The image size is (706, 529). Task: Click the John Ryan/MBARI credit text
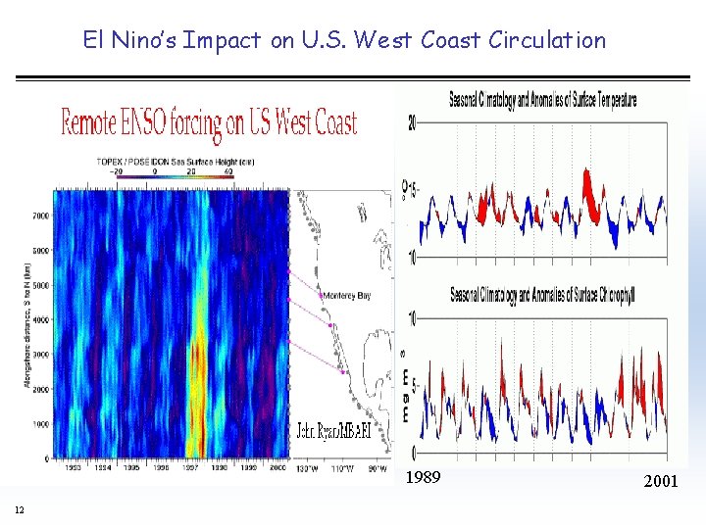tap(333, 431)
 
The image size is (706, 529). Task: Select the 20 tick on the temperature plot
tap(412, 122)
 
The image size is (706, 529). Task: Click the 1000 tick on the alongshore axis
tap(40, 424)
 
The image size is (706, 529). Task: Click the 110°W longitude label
tap(342, 467)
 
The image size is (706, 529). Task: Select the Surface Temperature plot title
tap(542, 99)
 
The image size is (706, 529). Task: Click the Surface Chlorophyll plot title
tap(542, 296)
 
